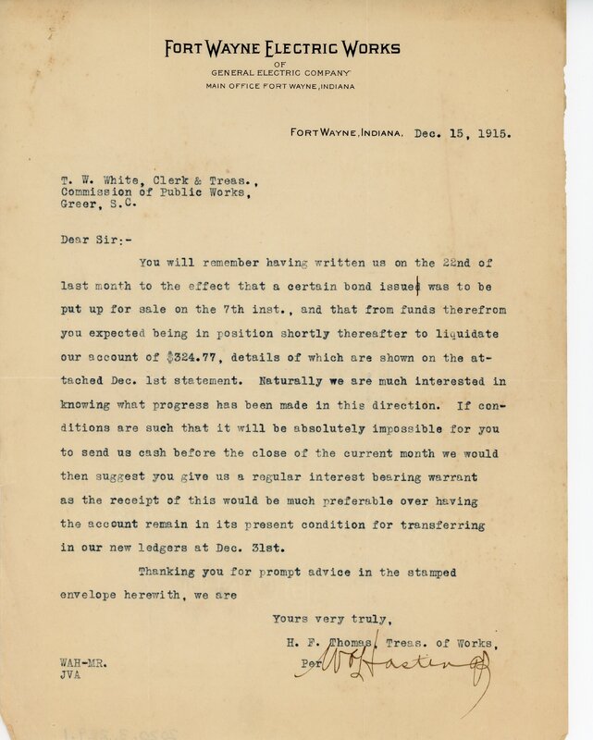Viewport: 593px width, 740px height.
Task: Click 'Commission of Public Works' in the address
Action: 151,196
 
